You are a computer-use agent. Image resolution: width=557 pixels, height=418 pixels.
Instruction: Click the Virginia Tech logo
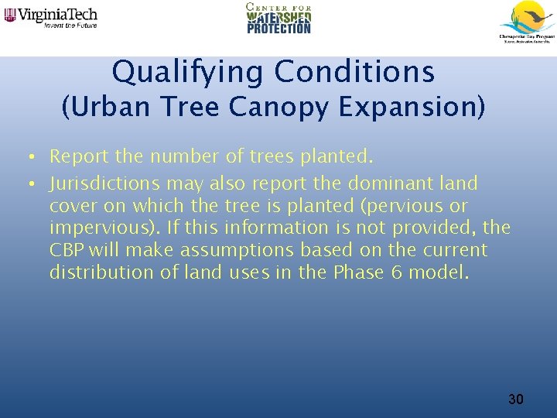51,18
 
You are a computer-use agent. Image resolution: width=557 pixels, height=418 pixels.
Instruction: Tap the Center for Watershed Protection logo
278,19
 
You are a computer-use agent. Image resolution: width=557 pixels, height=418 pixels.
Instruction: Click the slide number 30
515,399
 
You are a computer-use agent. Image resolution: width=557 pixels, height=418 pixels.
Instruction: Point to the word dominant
384,184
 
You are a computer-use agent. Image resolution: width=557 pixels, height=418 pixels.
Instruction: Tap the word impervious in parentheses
100,228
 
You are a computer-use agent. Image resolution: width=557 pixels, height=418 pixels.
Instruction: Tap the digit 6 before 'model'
397,272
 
